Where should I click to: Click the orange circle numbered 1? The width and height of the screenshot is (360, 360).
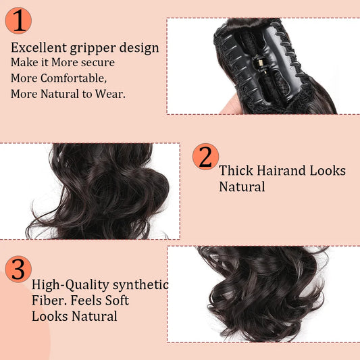click(x=18, y=20)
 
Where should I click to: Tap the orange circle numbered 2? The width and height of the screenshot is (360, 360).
click(x=205, y=156)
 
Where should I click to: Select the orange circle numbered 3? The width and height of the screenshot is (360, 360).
click(x=18, y=269)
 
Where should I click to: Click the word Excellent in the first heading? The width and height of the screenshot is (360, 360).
click(x=38, y=47)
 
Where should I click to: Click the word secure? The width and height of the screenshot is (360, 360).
click(x=97, y=63)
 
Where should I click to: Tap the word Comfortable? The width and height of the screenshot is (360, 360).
click(x=75, y=78)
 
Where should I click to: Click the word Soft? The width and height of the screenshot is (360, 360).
click(x=115, y=300)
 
